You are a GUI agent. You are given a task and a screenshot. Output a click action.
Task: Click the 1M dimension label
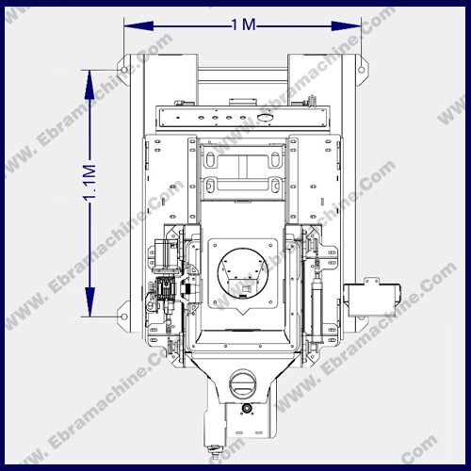(x=244, y=24)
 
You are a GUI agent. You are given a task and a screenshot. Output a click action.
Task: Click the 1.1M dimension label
(x=89, y=182)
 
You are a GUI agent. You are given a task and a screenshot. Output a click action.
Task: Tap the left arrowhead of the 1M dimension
(x=138, y=26)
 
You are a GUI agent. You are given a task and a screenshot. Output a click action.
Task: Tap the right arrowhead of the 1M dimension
(x=347, y=26)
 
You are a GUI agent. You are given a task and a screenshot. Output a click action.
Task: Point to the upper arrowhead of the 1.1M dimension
(x=90, y=85)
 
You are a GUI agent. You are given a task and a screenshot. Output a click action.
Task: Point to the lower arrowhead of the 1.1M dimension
(x=90, y=301)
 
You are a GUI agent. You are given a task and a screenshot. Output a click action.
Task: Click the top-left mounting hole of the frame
(x=124, y=70)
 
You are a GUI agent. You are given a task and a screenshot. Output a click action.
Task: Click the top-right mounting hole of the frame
(x=362, y=70)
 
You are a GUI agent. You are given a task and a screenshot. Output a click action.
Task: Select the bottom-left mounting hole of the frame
(x=124, y=317)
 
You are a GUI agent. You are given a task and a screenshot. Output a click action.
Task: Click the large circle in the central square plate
(x=243, y=273)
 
